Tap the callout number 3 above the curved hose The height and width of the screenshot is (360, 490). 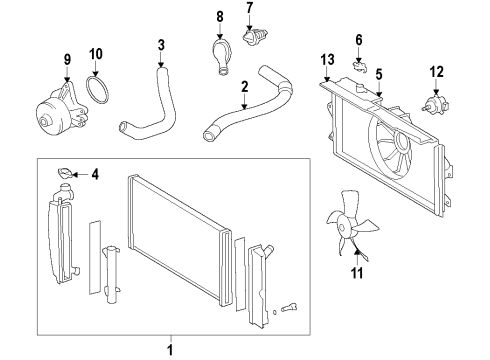point(161,45)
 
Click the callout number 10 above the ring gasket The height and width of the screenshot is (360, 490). point(96,53)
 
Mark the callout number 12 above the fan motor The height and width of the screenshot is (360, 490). point(435,70)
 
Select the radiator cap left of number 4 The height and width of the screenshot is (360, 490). point(66,174)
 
